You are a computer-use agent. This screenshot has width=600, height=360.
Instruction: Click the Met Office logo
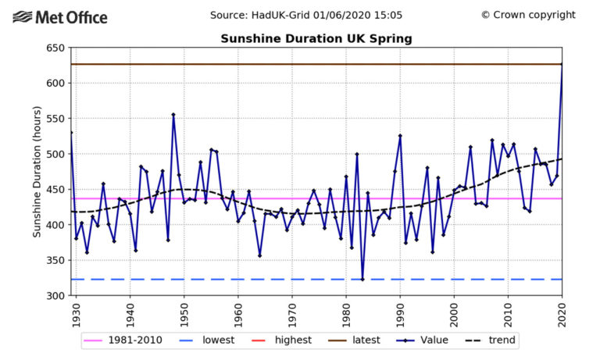[60, 16]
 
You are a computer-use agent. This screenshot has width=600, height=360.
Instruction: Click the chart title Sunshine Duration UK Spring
[316, 38]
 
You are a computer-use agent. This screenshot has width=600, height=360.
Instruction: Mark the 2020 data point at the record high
[562, 64]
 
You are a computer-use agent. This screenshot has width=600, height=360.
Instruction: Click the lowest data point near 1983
[362, 279]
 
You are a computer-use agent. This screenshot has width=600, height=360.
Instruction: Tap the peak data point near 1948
[173, 115]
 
